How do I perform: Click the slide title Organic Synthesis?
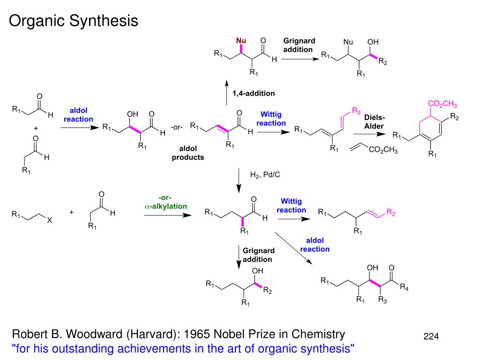[x=74, y=21]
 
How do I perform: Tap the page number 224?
[x=431, y=336]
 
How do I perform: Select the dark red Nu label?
[x=241, y=40]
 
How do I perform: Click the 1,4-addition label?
[x=254, y=93]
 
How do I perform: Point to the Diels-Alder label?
[x=374, y=122]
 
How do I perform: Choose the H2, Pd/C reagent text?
[x=265, y=175]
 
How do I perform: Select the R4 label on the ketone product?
[x=404, y=288]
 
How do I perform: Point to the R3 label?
[x=383, y=300]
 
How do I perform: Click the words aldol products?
[x=188, y=153]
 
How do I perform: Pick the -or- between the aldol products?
[x=177, y=127]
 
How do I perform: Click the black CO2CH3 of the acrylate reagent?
[x=383, y=150]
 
